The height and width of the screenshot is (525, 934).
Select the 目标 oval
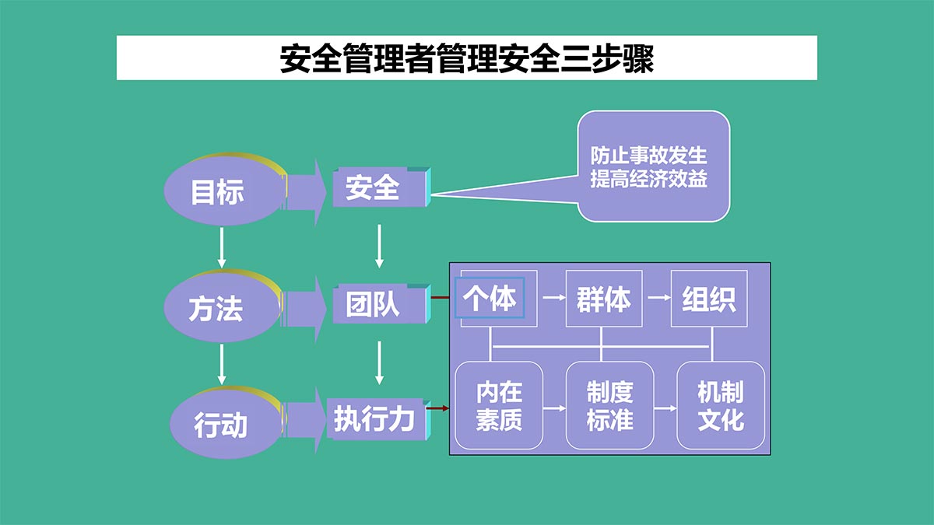[x=224, y=190]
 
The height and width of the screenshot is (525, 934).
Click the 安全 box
[x=381, y=187]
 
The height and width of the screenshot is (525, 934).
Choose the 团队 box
[x=381, y=304]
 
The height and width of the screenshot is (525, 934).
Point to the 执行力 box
[x=378, y=419]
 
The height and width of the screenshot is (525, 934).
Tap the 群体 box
[x=604, y=299]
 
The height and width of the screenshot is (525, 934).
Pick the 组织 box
[x=709, y=299]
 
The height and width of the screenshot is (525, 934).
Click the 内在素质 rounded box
[x=499, y=405]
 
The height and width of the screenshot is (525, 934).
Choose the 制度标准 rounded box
[x=609, y=405]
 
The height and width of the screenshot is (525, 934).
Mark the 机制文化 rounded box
[x=721, y=405]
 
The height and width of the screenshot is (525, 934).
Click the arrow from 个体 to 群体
[x=554, y=297]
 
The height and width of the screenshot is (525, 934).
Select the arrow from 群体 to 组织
[x=659, y=297]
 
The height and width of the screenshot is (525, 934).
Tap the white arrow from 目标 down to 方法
[x=221, y=247]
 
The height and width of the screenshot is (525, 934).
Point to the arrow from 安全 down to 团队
[x=379, y=247]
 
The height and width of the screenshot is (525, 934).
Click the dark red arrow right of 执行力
[x=437, y=408]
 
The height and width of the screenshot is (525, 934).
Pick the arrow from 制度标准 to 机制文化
[x=665, y=408]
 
